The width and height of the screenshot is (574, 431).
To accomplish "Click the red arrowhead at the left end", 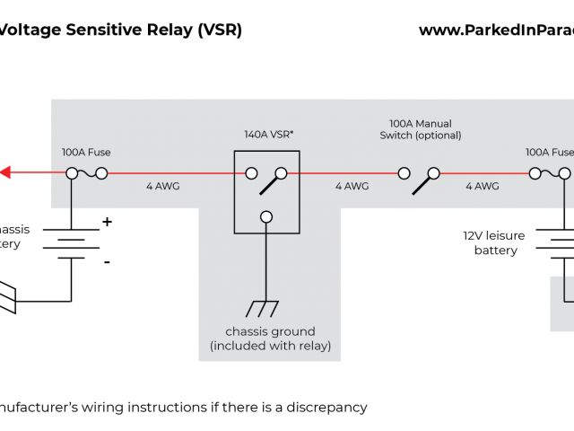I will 5,172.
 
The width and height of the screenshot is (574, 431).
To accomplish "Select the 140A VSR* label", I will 269,135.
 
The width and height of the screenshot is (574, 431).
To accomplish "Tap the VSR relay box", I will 267,190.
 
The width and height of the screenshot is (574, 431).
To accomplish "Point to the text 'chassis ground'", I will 270,330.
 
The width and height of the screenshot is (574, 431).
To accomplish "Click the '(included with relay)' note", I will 270,346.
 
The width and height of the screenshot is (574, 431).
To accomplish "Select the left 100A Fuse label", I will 86,153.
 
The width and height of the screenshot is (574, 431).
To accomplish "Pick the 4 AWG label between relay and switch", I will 352,187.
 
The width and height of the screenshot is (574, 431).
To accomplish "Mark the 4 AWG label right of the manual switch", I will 482,187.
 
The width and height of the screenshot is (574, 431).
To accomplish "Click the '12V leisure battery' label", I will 495,242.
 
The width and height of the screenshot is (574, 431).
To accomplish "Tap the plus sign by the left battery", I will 107,221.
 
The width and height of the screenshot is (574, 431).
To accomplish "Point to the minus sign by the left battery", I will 107,261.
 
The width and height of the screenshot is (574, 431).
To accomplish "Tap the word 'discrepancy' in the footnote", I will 324,407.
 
